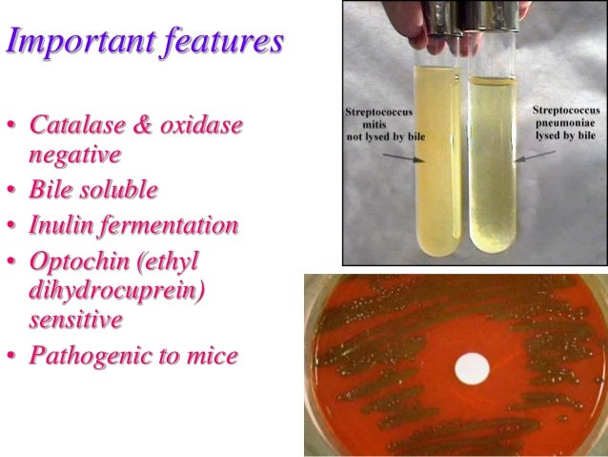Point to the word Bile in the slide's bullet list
click(51, 189)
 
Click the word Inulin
click(62, 226)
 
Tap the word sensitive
click(76, 320)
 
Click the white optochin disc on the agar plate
click(471, 366)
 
